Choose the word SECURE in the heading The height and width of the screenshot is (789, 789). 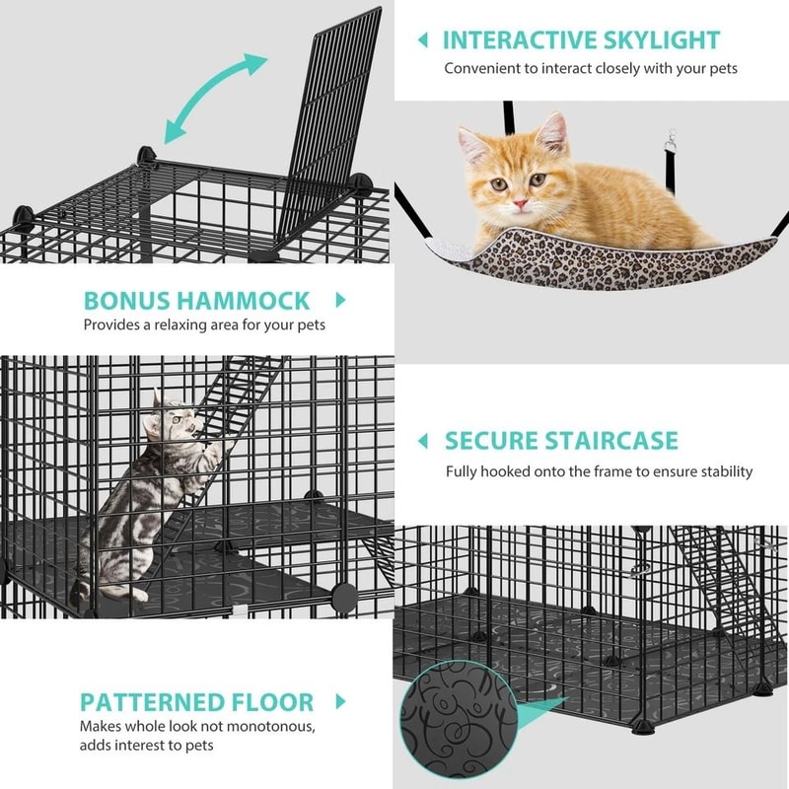[490, 440]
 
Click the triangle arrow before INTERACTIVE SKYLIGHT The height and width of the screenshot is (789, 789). [422, 40]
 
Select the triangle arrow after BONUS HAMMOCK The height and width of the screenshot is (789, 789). [342, 300]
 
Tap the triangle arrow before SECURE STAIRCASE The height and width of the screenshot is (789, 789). [422, 440]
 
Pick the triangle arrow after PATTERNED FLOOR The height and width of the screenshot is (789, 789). [342, 702]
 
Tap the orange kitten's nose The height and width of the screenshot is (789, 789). [519, 200]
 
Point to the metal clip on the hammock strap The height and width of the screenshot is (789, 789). [675, 145]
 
